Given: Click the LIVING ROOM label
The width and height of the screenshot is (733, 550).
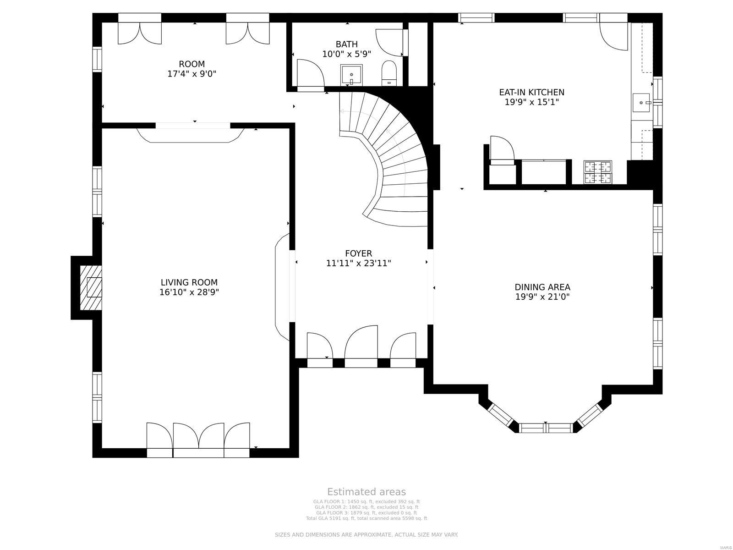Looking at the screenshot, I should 189,282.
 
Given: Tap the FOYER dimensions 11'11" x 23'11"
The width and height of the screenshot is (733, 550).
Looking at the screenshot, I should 358,263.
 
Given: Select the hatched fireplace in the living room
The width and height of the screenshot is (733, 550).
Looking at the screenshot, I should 91,287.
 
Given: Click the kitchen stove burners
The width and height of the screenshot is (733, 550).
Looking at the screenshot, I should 598,172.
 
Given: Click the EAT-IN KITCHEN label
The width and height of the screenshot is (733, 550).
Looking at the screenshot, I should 531,92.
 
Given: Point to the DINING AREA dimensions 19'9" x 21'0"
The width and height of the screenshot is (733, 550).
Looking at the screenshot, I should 542,297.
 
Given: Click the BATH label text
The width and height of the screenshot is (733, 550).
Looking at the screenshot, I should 346,44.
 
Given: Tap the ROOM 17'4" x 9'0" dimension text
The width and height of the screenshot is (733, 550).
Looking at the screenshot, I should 191,73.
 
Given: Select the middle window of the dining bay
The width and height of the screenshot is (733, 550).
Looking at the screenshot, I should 546,428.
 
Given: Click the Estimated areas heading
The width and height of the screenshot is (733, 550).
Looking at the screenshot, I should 366,492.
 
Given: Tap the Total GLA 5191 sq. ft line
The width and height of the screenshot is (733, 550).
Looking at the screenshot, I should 366,518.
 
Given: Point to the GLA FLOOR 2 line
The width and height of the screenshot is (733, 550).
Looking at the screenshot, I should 366,507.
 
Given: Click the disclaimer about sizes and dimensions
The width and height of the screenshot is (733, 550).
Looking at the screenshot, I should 366,535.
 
